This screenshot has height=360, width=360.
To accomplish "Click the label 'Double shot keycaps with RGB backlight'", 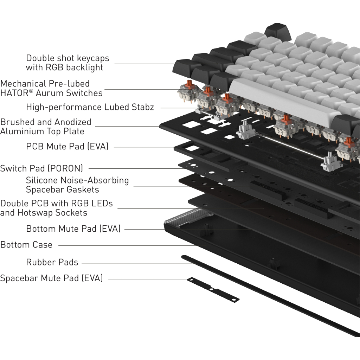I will coord(67,63).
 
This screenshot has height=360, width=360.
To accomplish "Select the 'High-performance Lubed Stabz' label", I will coord(90,107).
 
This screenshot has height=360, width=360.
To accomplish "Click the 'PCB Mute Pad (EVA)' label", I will coord(67,146).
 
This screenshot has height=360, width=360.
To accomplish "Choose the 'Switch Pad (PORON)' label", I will coord(41,168).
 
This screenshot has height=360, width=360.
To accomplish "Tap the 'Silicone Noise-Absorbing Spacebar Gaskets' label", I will coord(77,185).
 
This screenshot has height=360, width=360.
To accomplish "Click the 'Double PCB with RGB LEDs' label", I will coord(56,204).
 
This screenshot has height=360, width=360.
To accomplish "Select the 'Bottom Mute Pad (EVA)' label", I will coord(73,229).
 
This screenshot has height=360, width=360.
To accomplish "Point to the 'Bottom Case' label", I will coord(26,245).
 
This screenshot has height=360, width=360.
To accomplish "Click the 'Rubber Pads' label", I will coord(52,262).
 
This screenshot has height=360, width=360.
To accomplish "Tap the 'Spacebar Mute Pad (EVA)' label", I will coord(51,278).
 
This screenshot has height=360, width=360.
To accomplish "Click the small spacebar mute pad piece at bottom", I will coord(213,290).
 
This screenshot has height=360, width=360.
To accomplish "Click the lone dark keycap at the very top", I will coord(277,31).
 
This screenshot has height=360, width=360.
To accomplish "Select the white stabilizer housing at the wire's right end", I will coord(331,162).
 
